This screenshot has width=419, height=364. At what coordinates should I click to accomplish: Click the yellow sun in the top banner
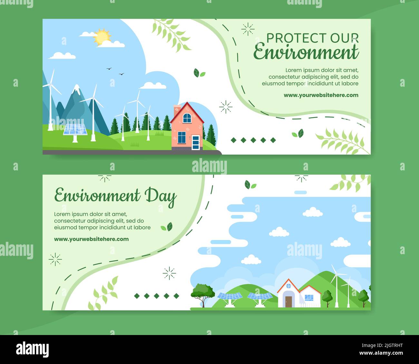point(102,37)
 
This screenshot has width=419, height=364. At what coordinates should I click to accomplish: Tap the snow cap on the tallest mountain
point(77,89)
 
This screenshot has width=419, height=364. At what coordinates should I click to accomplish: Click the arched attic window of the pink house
point(187,118)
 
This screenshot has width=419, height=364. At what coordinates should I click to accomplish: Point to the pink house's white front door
point(196,143)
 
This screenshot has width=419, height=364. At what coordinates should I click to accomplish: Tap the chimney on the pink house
point(177,110)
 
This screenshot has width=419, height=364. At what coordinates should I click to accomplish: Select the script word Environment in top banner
point(306,53)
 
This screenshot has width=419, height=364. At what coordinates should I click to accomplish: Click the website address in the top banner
point(321,95)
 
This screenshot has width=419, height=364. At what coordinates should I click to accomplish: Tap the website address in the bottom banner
point(91,239)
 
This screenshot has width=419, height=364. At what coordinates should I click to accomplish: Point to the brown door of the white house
point(288,302)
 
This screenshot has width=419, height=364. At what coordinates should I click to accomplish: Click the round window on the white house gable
point(288,286)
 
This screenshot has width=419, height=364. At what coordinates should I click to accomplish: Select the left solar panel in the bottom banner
point(229,296)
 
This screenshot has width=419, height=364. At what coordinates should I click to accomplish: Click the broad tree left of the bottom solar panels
point(203,292)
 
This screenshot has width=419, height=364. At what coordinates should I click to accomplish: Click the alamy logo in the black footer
point(33,349)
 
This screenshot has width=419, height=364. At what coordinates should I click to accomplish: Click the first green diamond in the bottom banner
point(137,296)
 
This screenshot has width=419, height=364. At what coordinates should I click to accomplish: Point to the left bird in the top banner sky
point(109,69)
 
